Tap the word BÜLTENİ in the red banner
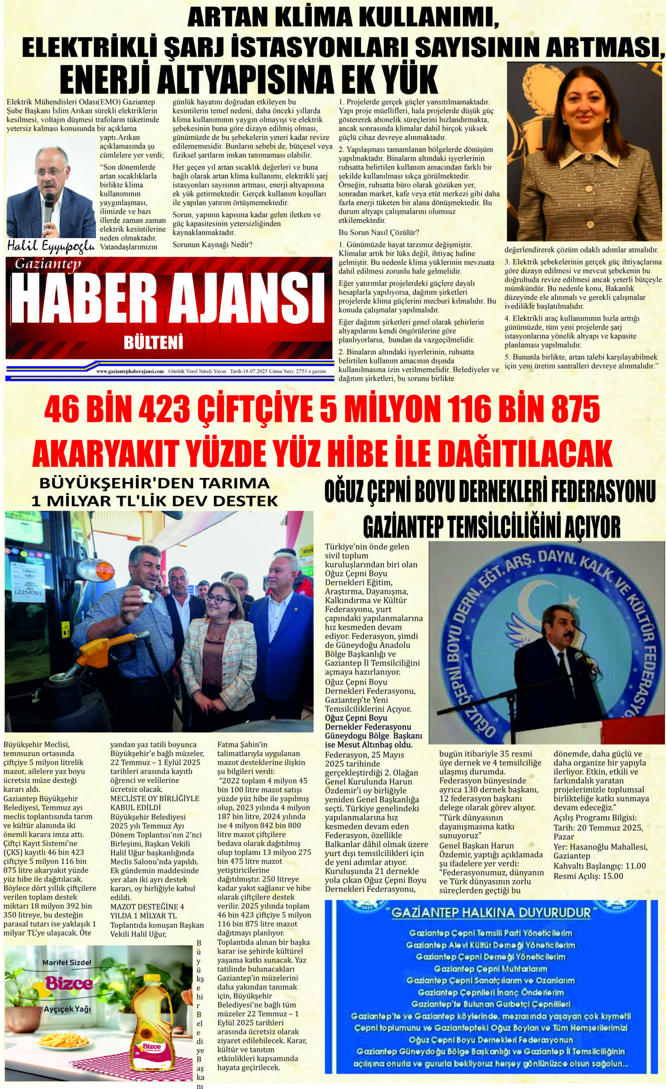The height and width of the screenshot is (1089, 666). click(x=154, y=343)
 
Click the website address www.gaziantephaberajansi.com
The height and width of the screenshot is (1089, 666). click(x=130, y=372)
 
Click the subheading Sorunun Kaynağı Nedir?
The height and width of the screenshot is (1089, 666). click(x=212, y=245)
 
